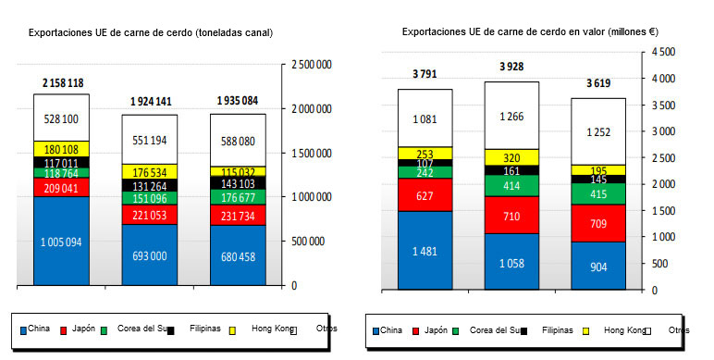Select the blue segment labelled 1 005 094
pos(61,242)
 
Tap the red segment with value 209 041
pos(61,187)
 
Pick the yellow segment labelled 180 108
pos(61,148)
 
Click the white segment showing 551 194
pos(150,139)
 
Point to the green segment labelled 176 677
pos(238,196)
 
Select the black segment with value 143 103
pos(238,183)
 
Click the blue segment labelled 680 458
pos(238,254)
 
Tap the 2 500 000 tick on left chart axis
pos(311,65)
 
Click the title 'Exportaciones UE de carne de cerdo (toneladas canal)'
pos(151,32)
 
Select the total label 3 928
pos(511,67)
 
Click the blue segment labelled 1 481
pos(425,250)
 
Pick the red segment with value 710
pos(511,215)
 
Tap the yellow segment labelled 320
pos(511,157)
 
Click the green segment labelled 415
pos(598,193)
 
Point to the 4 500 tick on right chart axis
pos(661,53)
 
